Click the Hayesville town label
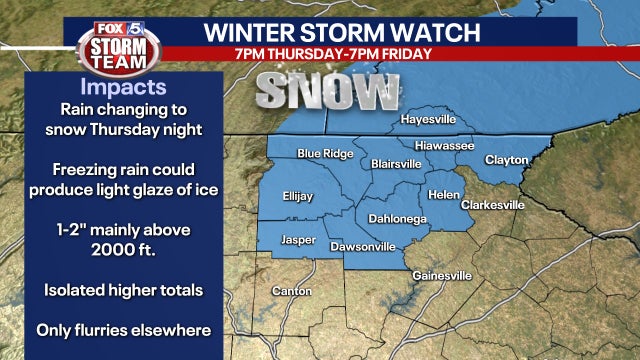click(x=428, y=119)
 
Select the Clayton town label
click(x=506, y=159)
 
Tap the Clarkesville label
click(x=492, y=205)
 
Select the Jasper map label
click(x=299, y=241)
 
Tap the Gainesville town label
click(x=441, y=275)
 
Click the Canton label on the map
click(x=292, y=291)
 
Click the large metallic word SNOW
click(x=327, y=93)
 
